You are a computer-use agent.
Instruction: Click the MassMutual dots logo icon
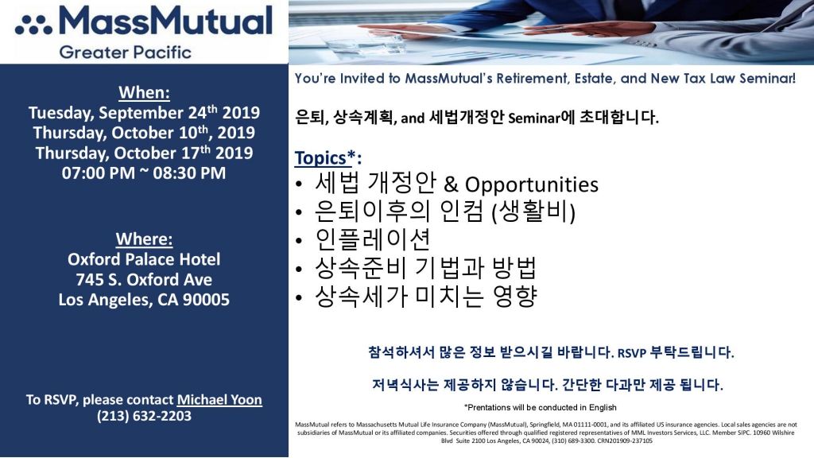click(33, 25)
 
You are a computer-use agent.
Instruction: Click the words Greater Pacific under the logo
click(125, 52)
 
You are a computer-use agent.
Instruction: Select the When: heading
click(145, 92)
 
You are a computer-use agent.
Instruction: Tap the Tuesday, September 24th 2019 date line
click(144, 113)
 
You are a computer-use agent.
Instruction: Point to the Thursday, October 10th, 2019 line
click(144, 133)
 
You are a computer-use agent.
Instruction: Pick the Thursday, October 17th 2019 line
click(144, 153)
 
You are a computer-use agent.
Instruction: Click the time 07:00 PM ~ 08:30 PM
click(144, 173)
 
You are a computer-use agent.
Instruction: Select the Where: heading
click(145, 239)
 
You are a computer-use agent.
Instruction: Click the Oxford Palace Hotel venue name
click(144, 259)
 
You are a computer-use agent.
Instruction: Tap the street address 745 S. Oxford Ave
click(144, 279)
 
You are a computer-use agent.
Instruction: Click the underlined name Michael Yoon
click(219, 400)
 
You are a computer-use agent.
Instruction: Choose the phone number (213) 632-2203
click(144, 416)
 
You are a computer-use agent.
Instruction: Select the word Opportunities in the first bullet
click(532, 184)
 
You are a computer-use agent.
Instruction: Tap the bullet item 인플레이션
click(373, 239)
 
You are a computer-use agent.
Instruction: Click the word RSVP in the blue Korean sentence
click(632, 353)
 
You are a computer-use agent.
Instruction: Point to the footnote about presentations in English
click(540, 408)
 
